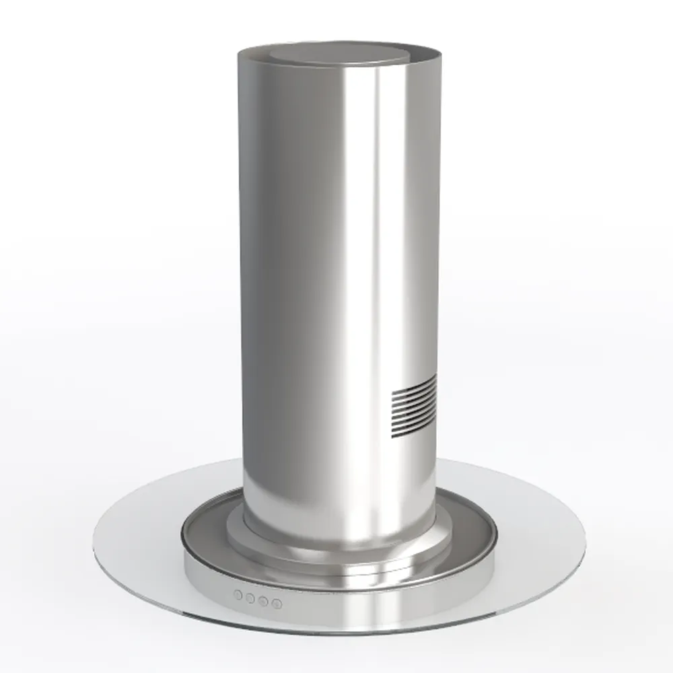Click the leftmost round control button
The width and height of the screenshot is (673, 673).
238,595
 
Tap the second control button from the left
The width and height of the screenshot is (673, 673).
250,598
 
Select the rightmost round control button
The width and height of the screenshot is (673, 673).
276,603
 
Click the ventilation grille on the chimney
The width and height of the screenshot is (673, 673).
413,406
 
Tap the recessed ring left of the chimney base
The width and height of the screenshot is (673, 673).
205,532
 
